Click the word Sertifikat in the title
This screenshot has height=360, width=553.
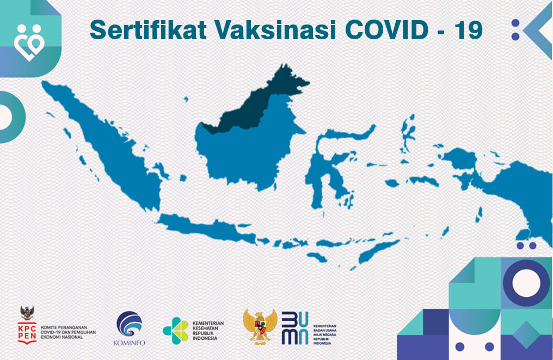[x=147, y=30]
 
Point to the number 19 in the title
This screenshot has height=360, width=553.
[x=468, y=30]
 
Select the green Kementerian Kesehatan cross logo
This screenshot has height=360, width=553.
[x=176, y=330]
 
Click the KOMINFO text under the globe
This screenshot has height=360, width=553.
[x=129, y=343]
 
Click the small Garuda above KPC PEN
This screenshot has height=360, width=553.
[x=27, y=312]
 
